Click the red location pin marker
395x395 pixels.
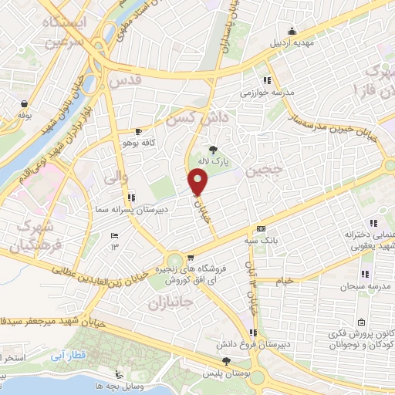pyautogui.click(x=199, y=182)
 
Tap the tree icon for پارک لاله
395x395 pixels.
pyautogui.click(x=213, y=150)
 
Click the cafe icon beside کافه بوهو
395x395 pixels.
pyautogui.click(x=139, y=132)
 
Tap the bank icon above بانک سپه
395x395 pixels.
pyautogui.click(x=261, y=229)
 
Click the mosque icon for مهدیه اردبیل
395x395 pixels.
pyautogui.click(x=292, y=31)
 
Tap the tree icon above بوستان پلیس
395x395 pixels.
pyautogui.click(x=226, y=361)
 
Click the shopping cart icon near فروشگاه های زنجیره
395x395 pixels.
pyautogui.click(x=190, y=259)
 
